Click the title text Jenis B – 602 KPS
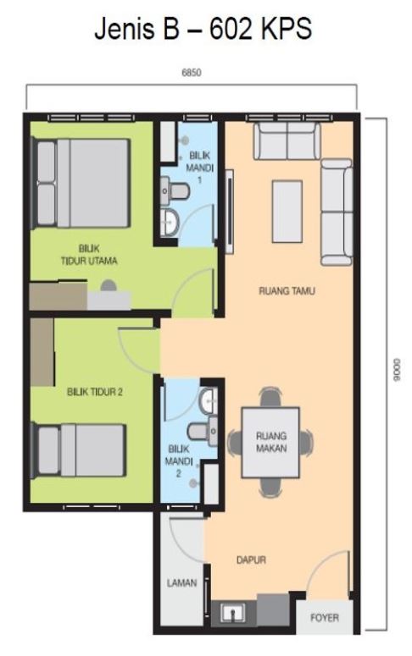203,29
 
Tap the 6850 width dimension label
192,73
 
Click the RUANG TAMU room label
287,290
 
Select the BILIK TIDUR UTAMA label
89,255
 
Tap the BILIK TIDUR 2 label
95,392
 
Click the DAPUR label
251,560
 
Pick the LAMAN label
182,582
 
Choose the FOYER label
325,618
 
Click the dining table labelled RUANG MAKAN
270,442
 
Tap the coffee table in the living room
287,212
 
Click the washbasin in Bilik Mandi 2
209,401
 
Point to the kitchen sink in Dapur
232,614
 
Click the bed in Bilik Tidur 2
79,450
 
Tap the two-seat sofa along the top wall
287,141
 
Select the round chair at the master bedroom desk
109,285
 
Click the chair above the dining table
270,397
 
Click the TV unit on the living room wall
229,212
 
